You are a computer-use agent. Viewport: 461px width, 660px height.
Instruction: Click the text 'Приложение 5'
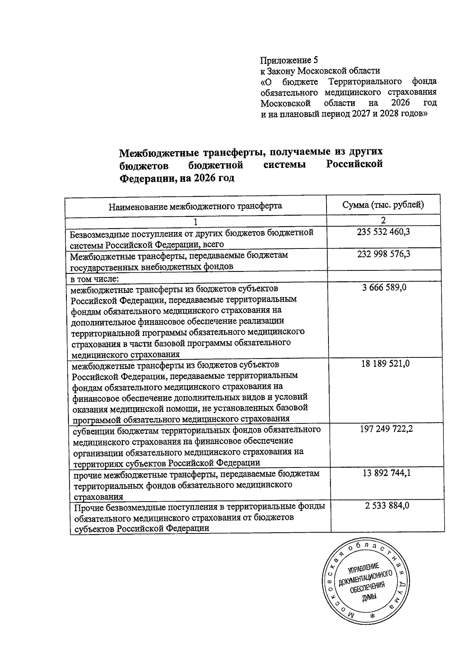[289, 60]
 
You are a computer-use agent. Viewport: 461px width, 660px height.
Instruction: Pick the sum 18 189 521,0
[385, 364]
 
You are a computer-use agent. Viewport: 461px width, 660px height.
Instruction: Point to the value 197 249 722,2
[386, 429]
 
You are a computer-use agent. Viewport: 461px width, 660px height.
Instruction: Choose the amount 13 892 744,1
[387, 473]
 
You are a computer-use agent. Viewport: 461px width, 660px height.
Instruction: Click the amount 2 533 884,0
[387, 506]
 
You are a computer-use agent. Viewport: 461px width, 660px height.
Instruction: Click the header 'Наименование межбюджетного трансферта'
[195, 206]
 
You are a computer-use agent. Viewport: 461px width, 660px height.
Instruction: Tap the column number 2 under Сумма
[383, 220]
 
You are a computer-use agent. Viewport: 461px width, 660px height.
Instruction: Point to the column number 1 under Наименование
[196, 222]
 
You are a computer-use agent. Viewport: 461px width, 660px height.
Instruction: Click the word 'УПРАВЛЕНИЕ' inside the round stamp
[363, 568]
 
